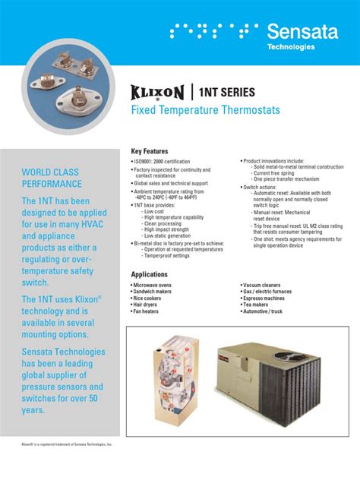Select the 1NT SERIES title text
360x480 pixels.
click(228, 93)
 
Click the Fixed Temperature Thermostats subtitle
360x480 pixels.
click(206, 111)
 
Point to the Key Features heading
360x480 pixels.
click(153, 151)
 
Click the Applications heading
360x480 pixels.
click(150, 273)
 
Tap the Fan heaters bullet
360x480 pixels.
click(147, 311)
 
